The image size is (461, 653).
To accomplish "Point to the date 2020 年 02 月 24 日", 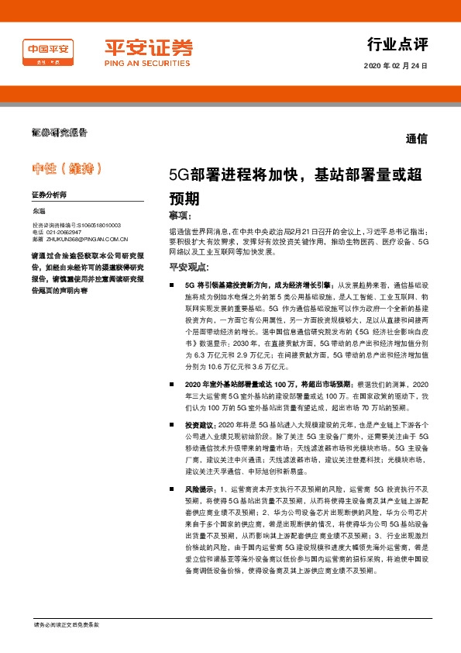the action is pyautogui.click(x=394, y=67).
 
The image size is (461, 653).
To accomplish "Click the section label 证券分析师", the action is pyautogui.click(x=50, y=195).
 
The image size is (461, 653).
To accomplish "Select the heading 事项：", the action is pyautogui.click(x=184, y=214).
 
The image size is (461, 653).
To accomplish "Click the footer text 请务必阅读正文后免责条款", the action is pyautogui.click(x=67, y=625).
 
